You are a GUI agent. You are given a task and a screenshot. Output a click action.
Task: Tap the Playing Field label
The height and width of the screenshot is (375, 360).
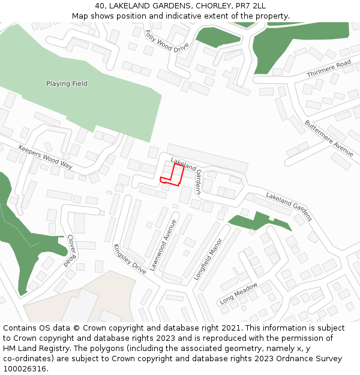point(67,84)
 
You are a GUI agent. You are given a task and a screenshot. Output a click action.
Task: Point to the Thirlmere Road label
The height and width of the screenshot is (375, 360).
point(328,69)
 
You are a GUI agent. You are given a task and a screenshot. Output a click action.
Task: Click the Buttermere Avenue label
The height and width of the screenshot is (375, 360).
point(329,138)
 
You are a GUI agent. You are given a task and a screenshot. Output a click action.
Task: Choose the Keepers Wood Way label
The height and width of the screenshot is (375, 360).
point(45,157)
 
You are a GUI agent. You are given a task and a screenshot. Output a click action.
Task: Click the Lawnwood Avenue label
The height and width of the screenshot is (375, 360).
point(163,245)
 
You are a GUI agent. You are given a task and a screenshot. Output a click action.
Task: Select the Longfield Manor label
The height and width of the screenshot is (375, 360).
point(208,259)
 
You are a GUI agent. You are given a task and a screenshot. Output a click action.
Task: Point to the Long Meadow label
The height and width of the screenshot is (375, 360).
point(238,293)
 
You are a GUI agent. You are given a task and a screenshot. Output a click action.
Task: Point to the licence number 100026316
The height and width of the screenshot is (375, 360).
point(25,369)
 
